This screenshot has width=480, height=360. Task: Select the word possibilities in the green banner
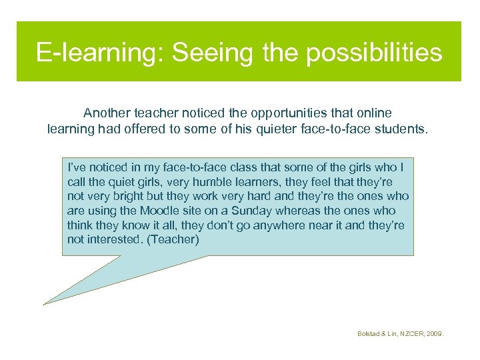(374, 52)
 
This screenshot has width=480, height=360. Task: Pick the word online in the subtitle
(374, 113)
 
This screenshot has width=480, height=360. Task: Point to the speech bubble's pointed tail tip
(45, 304)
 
